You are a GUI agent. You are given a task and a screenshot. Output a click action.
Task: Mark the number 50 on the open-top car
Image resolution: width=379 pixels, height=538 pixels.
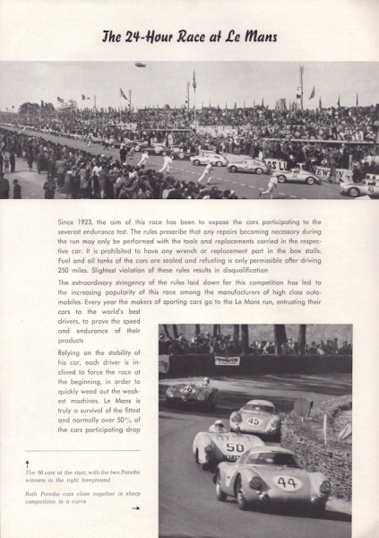(x=234, y=447)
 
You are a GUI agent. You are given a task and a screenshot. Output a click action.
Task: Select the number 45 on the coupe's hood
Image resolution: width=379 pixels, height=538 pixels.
(x=254, y=420)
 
